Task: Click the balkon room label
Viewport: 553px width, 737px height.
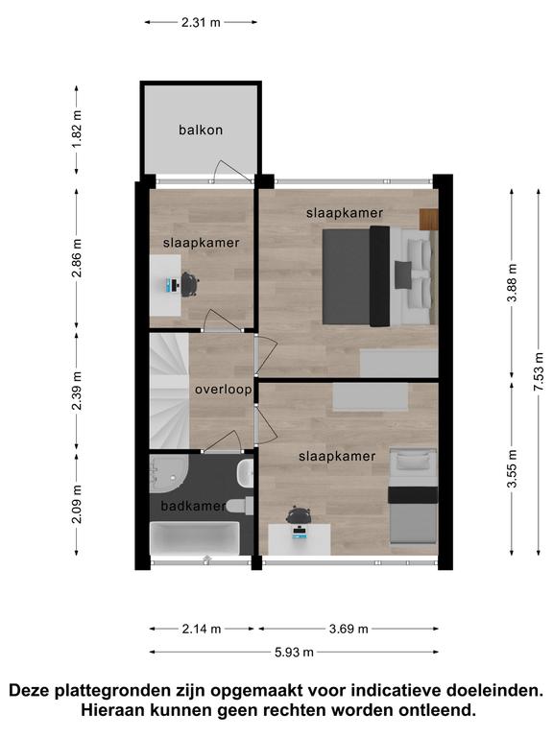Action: [201, 130]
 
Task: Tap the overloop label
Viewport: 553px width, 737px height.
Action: [224, 390]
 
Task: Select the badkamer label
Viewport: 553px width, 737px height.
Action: [193, 506]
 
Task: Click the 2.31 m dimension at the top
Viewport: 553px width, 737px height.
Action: [201, 22]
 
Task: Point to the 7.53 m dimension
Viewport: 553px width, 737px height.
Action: [539, 371]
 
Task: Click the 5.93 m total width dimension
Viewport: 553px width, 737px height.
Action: [294, 652]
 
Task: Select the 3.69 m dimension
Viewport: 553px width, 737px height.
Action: [349, 629]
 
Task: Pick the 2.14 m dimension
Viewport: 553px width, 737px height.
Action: [202, 629]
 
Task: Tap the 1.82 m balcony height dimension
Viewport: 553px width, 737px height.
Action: [77, 130]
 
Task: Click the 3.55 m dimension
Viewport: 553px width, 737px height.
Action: [512, 468]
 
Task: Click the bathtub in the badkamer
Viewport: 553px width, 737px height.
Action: [194, 538]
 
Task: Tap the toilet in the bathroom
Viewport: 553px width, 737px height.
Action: [240, 506]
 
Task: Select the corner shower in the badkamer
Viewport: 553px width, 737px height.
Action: [168, 473]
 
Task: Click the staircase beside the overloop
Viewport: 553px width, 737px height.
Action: [169, 391]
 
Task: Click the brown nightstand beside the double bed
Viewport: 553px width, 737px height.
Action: [428, 219]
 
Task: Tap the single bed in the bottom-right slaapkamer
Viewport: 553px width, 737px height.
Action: [413, 496]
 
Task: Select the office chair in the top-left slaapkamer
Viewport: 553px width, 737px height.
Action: [189, 284]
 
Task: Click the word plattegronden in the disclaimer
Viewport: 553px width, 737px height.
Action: [112, 690]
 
